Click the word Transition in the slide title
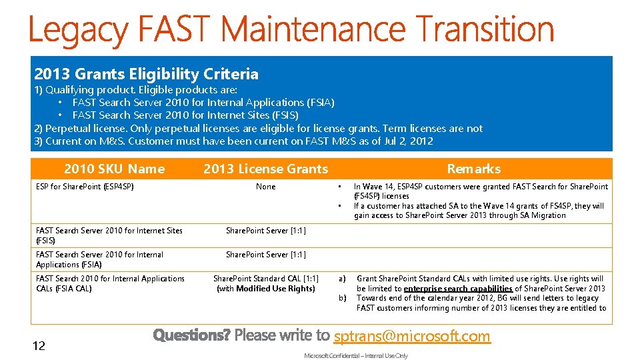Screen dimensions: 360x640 485,31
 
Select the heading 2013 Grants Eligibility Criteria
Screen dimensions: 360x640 146,74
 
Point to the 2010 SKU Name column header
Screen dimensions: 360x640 114,169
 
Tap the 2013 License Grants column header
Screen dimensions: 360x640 265,169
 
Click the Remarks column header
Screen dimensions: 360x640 473,169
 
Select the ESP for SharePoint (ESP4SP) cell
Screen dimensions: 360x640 85,187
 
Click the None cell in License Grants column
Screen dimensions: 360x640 265,187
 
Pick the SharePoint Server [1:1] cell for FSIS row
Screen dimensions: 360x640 265,231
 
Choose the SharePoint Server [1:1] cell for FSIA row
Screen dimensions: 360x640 265,255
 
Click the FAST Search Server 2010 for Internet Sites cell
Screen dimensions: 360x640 109,235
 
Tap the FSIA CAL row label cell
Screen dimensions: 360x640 110,283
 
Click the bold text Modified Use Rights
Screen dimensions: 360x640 275,289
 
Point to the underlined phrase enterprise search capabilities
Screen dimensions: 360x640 458,289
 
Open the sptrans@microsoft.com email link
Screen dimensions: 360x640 412,336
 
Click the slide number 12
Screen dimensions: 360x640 39,345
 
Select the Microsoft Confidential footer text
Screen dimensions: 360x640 356,356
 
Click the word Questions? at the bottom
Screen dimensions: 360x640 191,335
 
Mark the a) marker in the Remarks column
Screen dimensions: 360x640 342,279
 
